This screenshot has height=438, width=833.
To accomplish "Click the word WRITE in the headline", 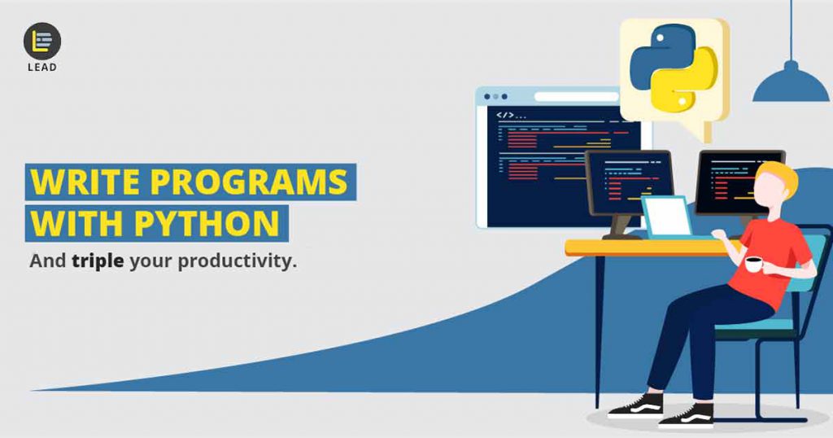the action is click(x=85, y=182).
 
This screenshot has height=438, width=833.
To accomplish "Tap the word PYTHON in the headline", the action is click(x=207, y=223).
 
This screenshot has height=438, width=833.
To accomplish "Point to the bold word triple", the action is click(x=98, y=261).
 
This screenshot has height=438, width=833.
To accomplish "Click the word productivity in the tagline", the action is click(x=234, y=261).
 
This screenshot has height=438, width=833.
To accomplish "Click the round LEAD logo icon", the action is click(x=42, y=42).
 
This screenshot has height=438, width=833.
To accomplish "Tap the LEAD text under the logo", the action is click(x=42, y=68).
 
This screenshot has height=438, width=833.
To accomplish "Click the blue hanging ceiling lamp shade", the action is click(x=791, y=85).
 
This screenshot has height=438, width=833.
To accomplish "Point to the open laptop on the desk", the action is click(x=667, y=217).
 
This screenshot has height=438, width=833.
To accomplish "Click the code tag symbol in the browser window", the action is click(x=505, y=115).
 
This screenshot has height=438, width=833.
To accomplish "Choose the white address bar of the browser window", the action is click(x=577, y=97).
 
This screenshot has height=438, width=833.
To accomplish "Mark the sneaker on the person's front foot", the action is click(x=686, y=416).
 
